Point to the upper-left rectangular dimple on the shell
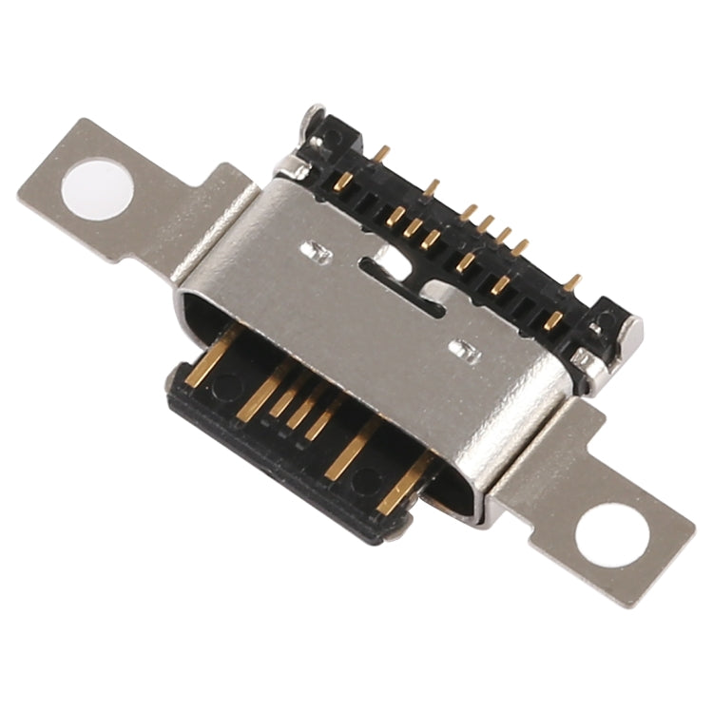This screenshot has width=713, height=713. tap(313, 252)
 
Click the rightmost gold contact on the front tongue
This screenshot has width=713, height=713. tap(399, 490)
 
